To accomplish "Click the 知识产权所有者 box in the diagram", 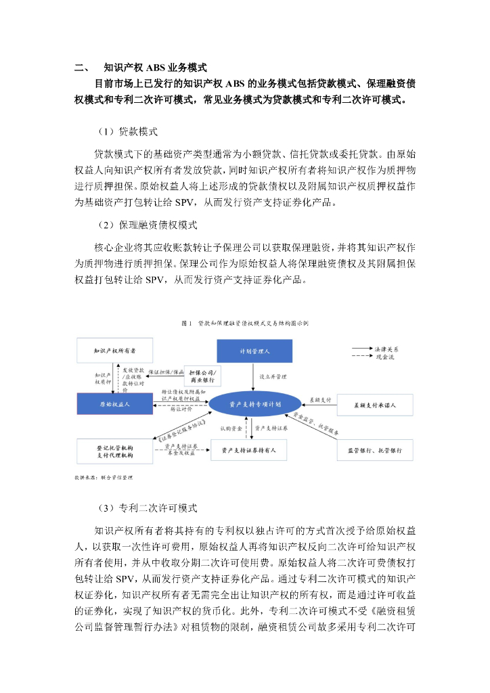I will (x=114, y=351).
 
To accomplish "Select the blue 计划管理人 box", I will (x=254, y=351).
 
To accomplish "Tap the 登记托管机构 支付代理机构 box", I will (x=114, y=451).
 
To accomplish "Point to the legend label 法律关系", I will (x=386, y=348).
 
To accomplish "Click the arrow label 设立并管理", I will (x=272, y=374).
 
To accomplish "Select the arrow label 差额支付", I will (x=320, y=400).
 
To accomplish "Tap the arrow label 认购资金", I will (x=231, y=428).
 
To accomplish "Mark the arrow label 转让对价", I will (x=181, y=409).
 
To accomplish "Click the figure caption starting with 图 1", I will (x=245, y=323).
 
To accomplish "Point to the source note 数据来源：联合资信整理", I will (x=104, y=477).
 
